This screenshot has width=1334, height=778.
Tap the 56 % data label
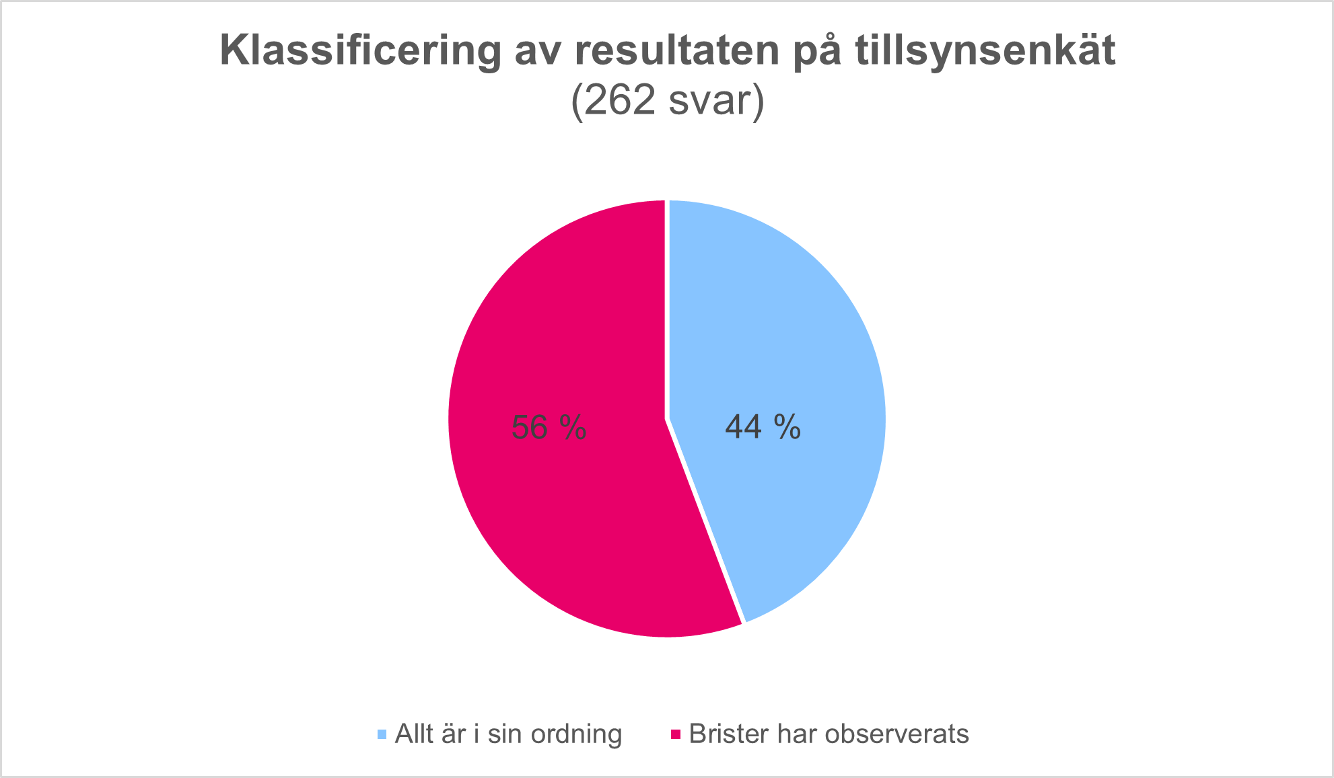pos(549,428)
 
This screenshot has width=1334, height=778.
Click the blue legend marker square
pos(382,734)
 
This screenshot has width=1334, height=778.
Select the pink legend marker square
pos(676,734)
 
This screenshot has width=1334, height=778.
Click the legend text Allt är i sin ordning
pos(508,734)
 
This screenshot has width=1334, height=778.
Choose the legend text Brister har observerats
pos(829,734)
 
